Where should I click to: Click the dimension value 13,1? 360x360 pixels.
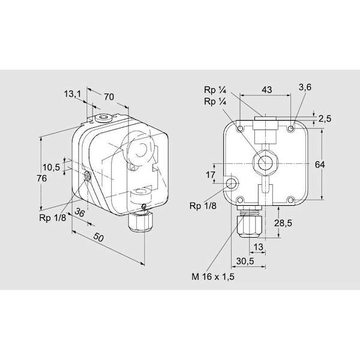(x=72, y=94)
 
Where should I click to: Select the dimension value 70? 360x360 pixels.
(x=109, y=96)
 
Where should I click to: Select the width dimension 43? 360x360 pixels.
(x=267, y=89)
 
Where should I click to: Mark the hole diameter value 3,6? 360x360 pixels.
(x=305, y=88)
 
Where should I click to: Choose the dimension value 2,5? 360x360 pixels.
(x=325, y=119)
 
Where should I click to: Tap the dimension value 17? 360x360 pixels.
(x=211, y=175)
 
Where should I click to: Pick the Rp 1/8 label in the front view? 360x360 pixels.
(x=202, y=206)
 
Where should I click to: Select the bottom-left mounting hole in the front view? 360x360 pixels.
(x=240, y=200)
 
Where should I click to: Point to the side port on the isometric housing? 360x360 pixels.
(x=87, y=176)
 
